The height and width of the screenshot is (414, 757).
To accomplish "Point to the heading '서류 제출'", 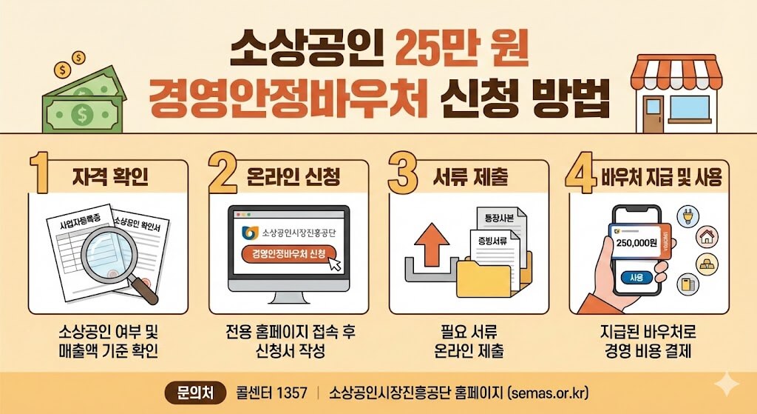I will (x=472, y=178).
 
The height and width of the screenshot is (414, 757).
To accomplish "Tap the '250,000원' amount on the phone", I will (x=637, y=242).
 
